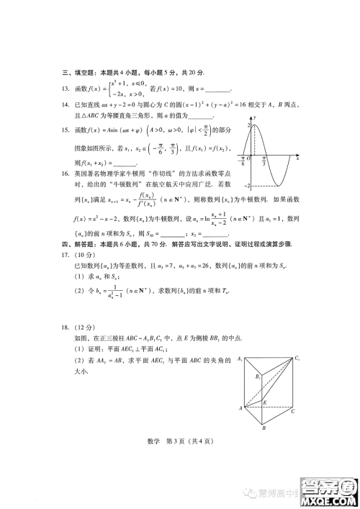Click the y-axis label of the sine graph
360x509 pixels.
(255, 115)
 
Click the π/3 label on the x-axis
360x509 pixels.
(264, 163)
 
